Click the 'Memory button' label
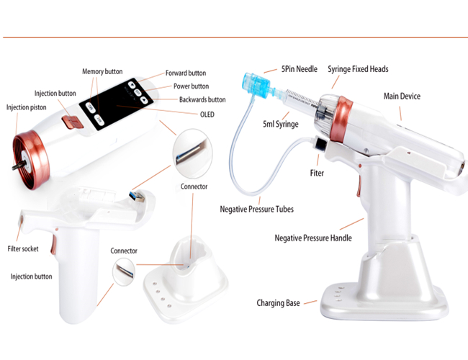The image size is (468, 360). coord(102,72)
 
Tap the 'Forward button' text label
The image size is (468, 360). coord(186,73)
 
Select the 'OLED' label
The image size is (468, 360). coord(207,114)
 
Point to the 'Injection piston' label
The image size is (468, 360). coord(26,107)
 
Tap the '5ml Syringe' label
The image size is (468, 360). coord(281,124)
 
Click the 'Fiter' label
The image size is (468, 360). coord(317,173)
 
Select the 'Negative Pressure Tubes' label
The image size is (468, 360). coord(257,209)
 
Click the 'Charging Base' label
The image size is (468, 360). coord(278,303)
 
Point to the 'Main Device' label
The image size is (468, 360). coord(402,96)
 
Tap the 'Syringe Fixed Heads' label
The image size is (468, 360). coord(358,69)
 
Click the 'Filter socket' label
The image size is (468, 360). coord(23,248)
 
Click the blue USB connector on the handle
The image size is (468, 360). coord(138,197)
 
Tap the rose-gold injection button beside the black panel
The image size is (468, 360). coord(72,122)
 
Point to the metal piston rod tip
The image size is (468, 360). coord(14,168)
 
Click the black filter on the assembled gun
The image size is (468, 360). coord(320,144)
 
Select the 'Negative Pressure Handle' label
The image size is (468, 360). coord(313,238)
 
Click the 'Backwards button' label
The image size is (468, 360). coord(202,99)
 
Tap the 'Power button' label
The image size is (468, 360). coord(191,86)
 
